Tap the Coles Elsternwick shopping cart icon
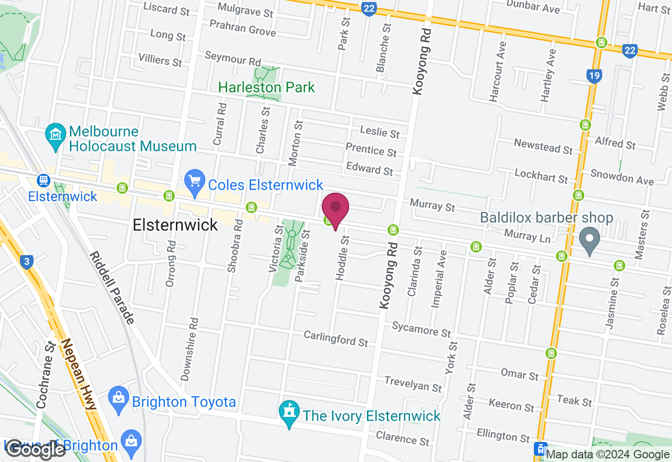[x=195, y=184]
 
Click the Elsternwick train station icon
[x=43, y=181]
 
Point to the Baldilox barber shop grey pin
[x=589, y=240]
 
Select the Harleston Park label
[x=266, y=87]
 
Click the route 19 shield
[x=594, y=77]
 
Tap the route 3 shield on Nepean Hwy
[x=28, y=261]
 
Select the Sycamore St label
[x=421, y=330]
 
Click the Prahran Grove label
[x=243, y=28]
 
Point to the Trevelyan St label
[x=413, y=384]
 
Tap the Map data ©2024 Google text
[x=608, y=455]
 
